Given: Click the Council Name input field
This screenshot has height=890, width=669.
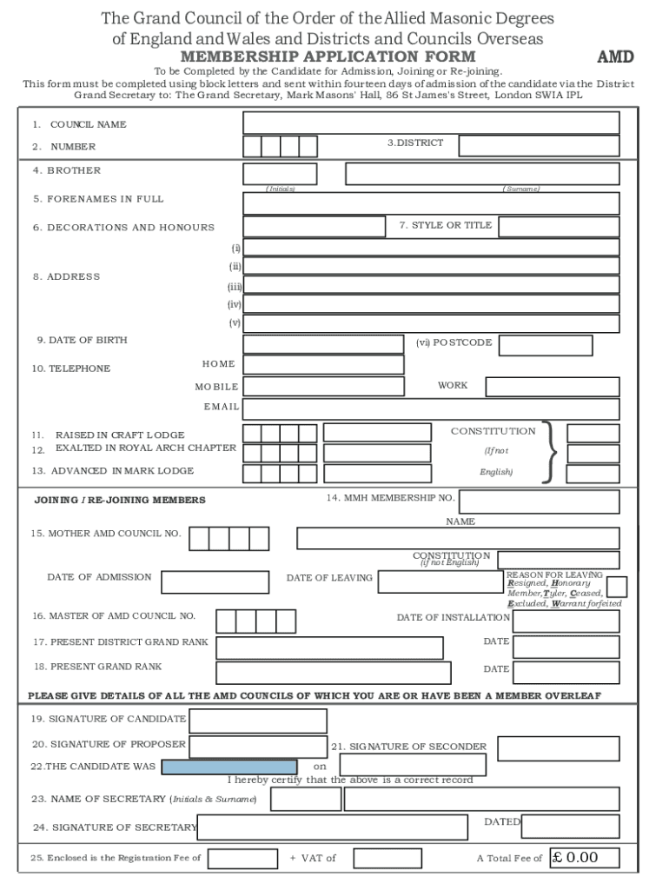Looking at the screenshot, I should click(x=431, y=123).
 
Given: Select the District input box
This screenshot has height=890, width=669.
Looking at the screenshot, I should click(x=539, y=145).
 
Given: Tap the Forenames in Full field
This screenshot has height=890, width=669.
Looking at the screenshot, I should click(x=431, y=203).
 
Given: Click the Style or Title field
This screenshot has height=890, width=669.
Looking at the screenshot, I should click(x=559, y=227).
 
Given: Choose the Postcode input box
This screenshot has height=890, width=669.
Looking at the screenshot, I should click(x=546, y=345).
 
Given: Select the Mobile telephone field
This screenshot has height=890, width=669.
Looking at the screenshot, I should click(x=323, y=386).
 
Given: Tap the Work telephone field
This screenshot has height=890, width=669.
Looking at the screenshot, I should click(x=552, y=387).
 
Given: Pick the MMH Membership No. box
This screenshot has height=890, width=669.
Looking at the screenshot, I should click(x=539, y=501).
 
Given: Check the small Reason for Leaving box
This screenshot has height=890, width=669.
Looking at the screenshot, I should click(x=617, y=587).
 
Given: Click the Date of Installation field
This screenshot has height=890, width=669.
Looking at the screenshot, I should click(x=566, y=621).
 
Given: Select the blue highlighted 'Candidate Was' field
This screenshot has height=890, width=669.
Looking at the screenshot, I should click(x=229, y=767).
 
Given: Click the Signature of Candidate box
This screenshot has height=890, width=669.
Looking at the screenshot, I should click(x=258, y=721).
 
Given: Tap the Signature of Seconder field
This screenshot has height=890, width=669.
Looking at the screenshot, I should click(x=559, y=748).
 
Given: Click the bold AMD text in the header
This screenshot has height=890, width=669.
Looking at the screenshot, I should click(x=615, y=57).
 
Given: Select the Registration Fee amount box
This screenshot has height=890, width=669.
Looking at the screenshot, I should click(x=243, y=859).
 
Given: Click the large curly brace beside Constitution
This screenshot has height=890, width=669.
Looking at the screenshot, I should click(x=549, y=452).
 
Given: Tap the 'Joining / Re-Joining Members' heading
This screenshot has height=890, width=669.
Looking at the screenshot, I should click(x=120, y=500).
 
